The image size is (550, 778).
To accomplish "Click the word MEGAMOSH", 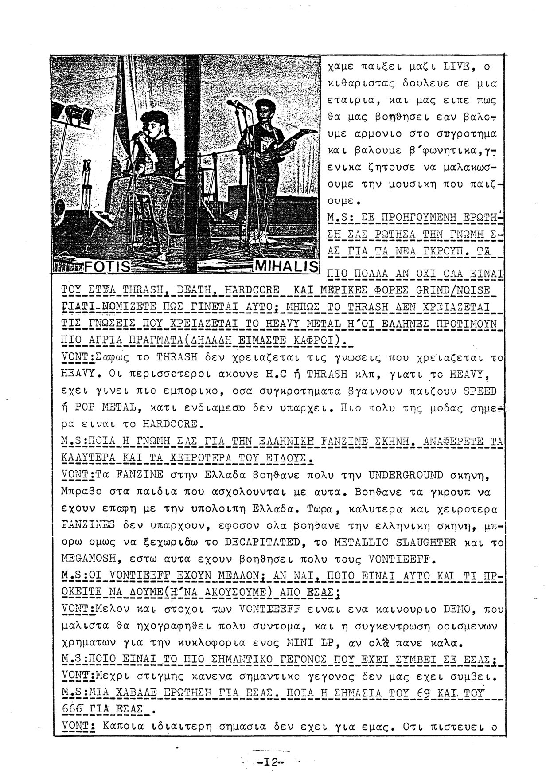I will click(87, 558).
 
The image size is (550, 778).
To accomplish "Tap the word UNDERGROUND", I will click(406, 476).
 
